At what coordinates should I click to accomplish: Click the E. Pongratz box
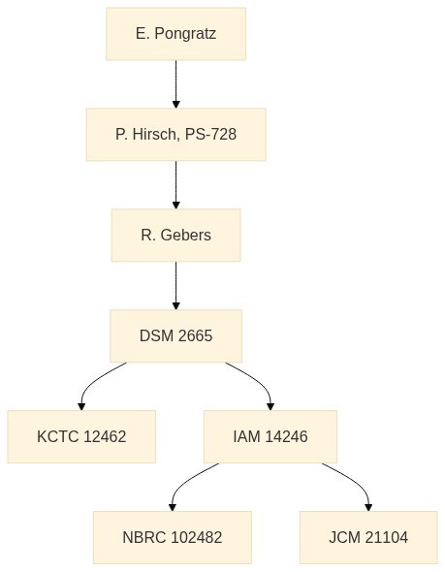point(175,34)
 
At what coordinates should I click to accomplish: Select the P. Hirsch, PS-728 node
point(175,135)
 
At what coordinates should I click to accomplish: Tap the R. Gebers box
point(175,236)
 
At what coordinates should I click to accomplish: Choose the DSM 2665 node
point(175,336)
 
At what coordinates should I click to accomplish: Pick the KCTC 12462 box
point(81,436)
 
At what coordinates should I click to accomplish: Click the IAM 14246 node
point(270,436)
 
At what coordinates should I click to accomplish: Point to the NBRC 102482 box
point(173,537)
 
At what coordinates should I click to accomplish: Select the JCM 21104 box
point(368,537)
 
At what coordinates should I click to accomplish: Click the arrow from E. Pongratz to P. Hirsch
point(175,84)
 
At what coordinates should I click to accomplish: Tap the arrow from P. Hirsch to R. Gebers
point(175,185)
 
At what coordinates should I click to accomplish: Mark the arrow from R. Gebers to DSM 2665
point(175,286)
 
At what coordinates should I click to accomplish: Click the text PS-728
point(210,134)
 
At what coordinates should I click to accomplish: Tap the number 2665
point(196,336)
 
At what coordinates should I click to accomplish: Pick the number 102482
point(196,537)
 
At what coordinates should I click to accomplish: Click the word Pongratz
point(185,34)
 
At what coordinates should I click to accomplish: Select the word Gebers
point(186,235)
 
